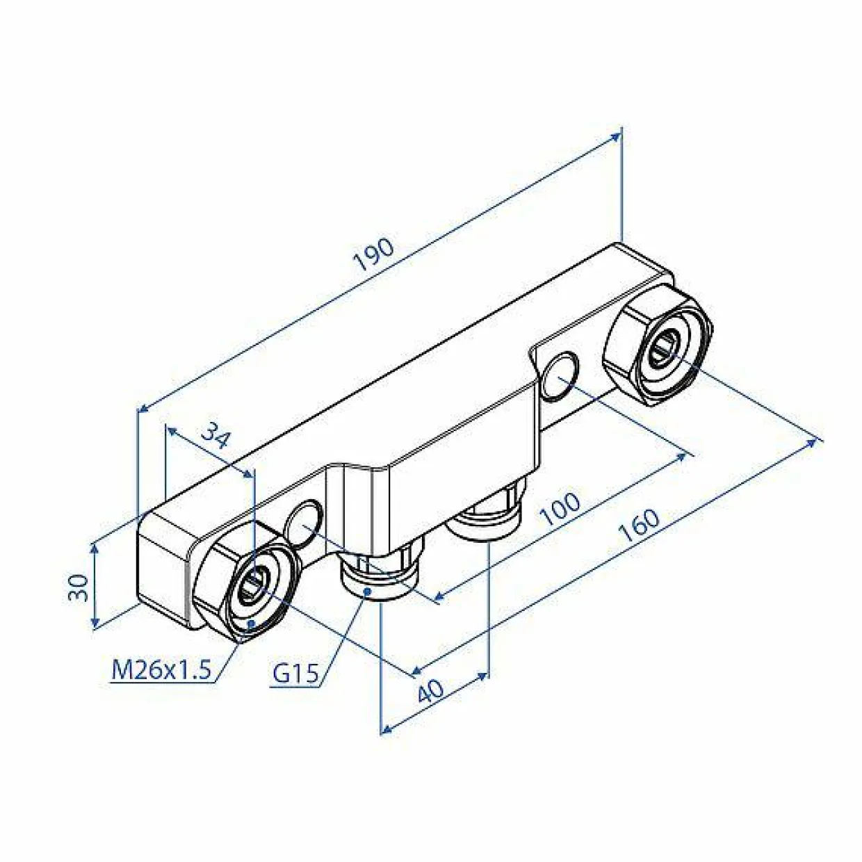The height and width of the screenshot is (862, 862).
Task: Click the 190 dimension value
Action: pos(374,254)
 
